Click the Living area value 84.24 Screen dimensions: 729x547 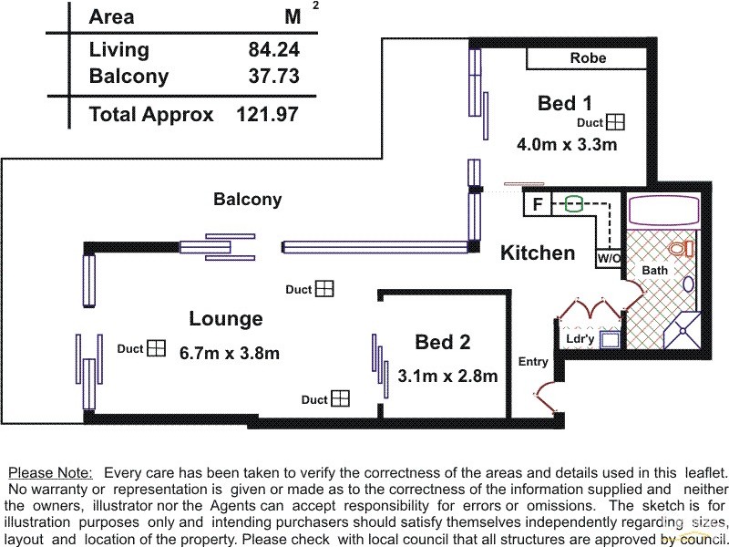274,49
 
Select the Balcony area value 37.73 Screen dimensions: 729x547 274,76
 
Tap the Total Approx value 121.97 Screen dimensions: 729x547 268,114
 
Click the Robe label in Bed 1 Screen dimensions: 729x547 588,57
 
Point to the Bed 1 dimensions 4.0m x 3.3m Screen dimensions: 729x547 567,144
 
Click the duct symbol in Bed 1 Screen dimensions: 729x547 616,122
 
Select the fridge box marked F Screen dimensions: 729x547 538,204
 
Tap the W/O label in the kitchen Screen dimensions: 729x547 609,258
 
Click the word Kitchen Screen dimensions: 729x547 538,253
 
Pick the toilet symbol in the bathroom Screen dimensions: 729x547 682,248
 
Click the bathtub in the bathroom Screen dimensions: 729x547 663,211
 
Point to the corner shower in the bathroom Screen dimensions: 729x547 683,330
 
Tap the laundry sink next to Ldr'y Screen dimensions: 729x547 610,339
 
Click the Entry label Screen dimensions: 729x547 533,361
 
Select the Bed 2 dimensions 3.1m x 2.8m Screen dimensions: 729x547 447,376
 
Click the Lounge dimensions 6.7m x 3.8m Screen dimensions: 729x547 230,353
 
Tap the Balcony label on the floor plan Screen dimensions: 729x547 248,199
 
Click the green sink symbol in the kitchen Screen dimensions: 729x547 573,203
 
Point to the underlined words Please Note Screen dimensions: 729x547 51,473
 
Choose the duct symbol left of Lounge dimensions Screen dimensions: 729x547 156,348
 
